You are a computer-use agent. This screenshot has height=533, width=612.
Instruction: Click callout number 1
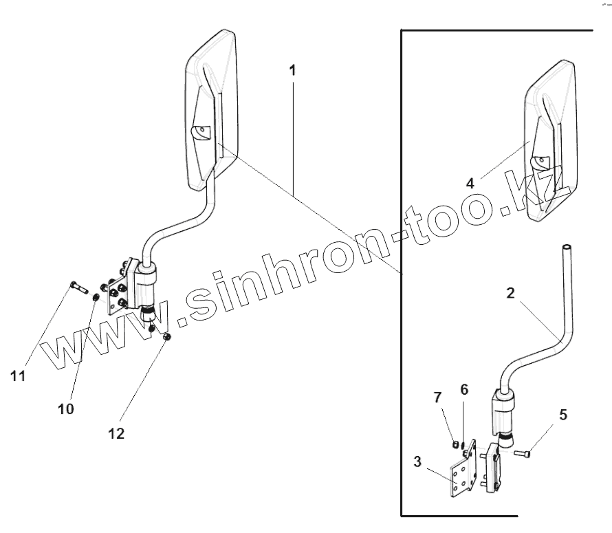(292, 70)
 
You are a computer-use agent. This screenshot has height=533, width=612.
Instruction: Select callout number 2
(510, 292)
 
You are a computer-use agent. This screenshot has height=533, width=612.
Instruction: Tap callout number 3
(418, 461)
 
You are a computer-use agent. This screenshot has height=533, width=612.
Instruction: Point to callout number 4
(470, 184)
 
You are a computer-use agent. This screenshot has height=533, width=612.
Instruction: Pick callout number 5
(563, 415)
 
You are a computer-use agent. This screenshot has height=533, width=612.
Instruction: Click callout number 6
(465, 389)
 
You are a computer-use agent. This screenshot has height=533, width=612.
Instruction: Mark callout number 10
(65, 409)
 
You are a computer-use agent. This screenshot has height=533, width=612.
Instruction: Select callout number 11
(19, 375)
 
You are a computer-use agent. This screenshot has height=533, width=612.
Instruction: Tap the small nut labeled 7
(455, 444)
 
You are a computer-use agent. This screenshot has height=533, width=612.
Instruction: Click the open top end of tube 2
(567, 247)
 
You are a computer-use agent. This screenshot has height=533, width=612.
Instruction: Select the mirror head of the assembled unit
(212, 110)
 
